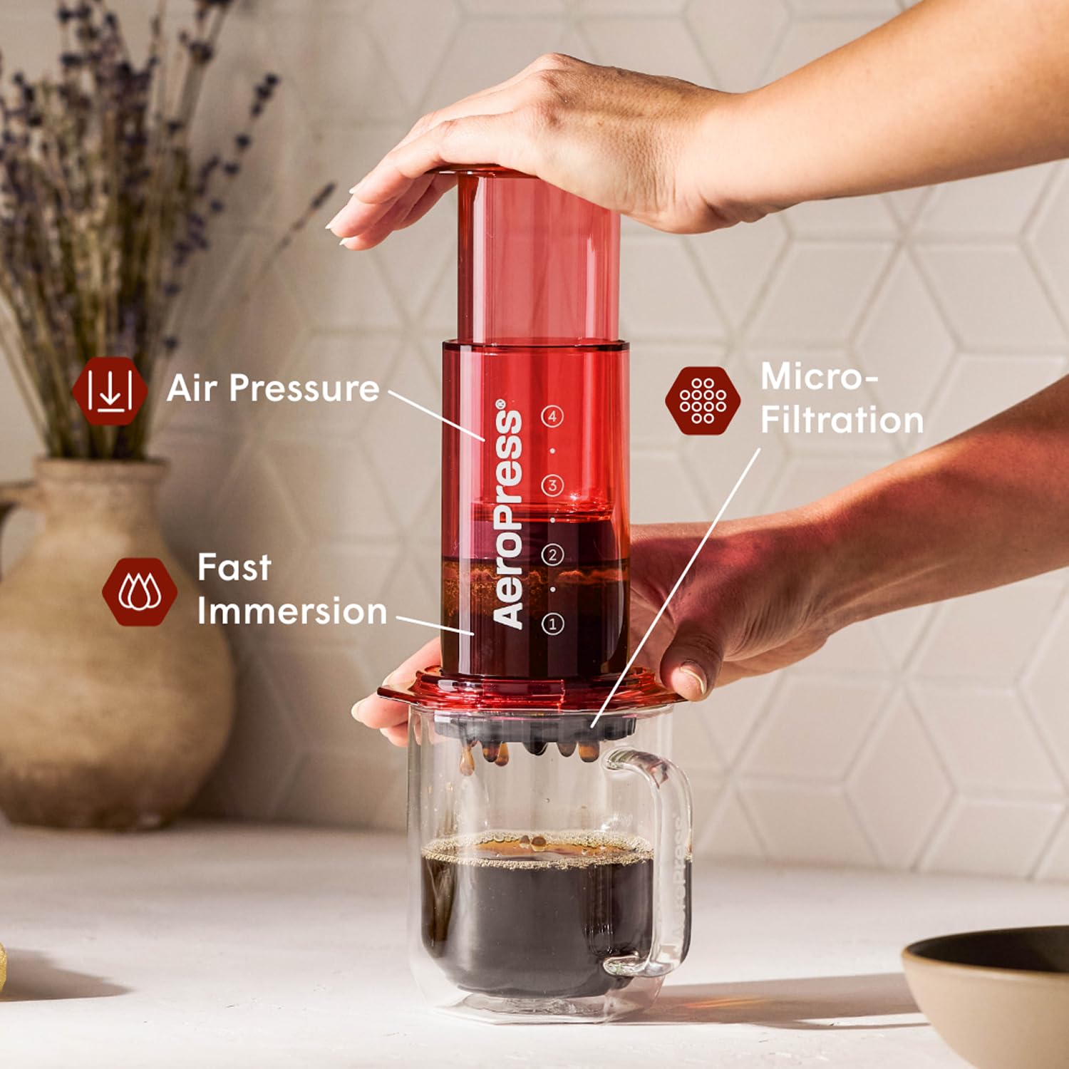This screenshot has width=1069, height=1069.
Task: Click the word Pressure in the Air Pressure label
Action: click(304, 388)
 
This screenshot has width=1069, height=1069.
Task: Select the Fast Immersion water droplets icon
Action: click(139, 592)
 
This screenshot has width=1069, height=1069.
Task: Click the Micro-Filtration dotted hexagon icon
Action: click(703, 401)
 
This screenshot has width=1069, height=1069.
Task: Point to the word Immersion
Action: click(292, 611)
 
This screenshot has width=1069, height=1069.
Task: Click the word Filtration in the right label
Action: click(842, 420)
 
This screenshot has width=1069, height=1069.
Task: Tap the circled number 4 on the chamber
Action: click(552, 416)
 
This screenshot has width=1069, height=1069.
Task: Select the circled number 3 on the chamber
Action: click(552, 486)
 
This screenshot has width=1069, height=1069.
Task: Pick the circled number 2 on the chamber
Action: click(552, 554)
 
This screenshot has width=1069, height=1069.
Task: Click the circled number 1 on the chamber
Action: click(552, 624)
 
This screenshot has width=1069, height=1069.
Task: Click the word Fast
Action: click(234, 568)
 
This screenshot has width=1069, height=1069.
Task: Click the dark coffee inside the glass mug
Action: click(534, 919)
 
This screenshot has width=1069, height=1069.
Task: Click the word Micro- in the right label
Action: click(819, 376)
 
